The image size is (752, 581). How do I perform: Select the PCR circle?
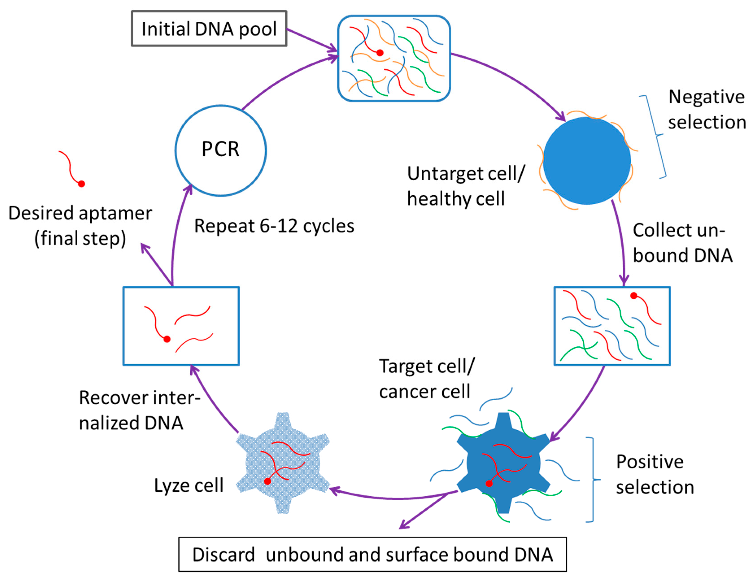click(220, 150)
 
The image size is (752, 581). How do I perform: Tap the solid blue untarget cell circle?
click(587, 161)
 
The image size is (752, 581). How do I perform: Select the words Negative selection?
click(706, 109)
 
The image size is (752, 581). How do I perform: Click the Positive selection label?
click(654, 474)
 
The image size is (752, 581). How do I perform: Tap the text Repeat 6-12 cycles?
click(274, 226)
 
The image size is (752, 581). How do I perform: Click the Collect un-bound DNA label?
click(682, 243)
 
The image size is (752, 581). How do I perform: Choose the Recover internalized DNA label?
click(139, 410)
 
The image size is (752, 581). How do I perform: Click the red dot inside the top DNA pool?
click(380, 53)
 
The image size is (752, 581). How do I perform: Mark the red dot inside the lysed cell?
click(267, 481)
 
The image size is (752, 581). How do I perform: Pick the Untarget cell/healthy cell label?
click(465, 186)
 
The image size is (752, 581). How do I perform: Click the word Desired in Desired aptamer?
click(41, 213)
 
